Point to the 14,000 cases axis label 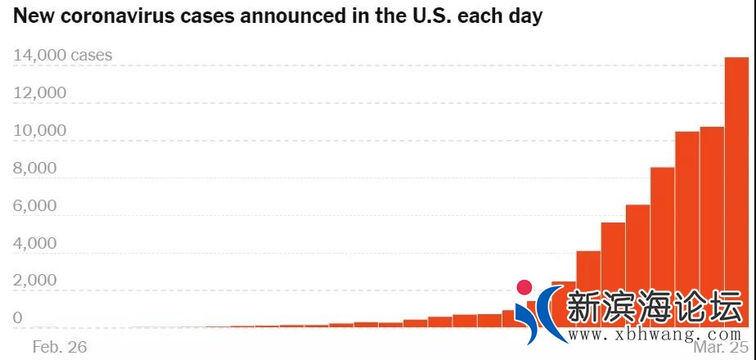[63, 56]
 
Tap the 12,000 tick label [40, 93]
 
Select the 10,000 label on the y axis [40, 131]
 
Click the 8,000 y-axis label [34, 169]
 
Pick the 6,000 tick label [34, 206]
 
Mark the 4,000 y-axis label [34, 244]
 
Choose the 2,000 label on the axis [34, 281]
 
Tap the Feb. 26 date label [59, 347]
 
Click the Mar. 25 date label [720, 347]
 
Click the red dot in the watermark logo [524, 288]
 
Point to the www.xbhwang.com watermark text [655, 335]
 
